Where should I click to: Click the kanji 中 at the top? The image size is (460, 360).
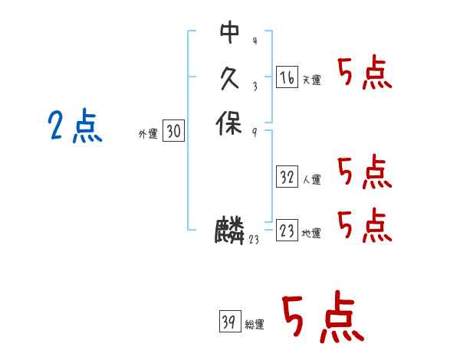229,32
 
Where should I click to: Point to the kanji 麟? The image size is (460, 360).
230,231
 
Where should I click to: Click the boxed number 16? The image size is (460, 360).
286,77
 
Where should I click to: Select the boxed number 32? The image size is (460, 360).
287,178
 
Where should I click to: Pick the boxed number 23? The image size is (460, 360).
287,231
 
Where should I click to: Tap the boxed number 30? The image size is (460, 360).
173,132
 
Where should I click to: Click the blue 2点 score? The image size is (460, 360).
74,126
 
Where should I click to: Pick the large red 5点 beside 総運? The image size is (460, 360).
323,317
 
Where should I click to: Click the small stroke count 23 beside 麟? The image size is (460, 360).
254,240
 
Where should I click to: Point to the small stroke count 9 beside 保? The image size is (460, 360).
254,132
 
